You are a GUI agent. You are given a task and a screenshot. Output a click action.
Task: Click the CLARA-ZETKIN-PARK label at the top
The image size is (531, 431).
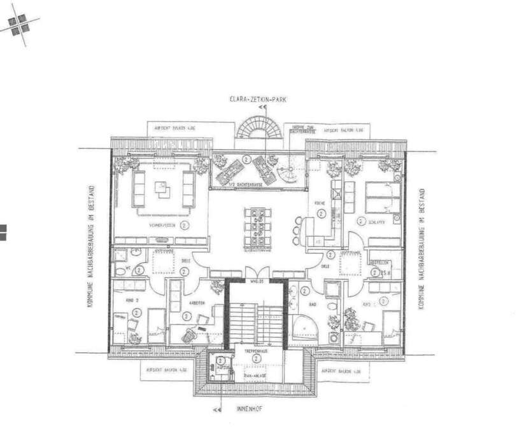pos(260,99)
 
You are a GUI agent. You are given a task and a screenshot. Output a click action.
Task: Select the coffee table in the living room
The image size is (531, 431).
pos(162,188)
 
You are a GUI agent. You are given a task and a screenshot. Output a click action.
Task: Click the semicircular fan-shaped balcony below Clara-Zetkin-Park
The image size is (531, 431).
pos(258,130)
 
